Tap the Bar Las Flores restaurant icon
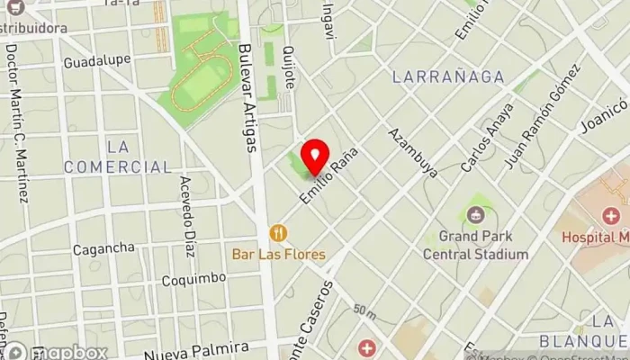pos(278,233)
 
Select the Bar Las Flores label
pos(279,255)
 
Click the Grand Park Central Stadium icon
pos(474,215)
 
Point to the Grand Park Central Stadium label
pos(483,247)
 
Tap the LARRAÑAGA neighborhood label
pos(448,77)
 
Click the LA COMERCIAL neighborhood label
pos(130,157)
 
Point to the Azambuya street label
pos(413,152)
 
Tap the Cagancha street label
pos(103,247)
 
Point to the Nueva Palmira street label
pos(195,347)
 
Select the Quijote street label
pos(289,67)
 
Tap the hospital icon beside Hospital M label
pos(612,216)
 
